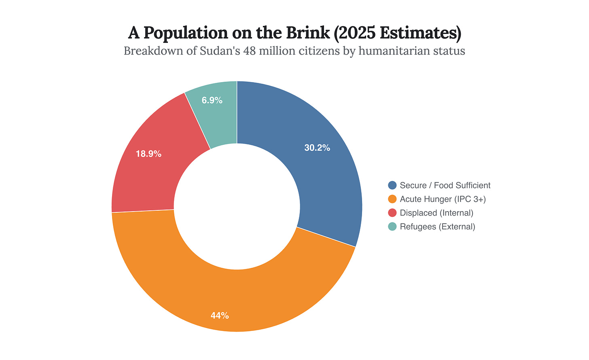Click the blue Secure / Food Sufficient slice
(x=324, y=170)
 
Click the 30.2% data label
(x=317, y=148)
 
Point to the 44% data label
(x=220, y=316)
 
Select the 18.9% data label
(x=148, y=154)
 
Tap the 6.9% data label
(x=212, y=100)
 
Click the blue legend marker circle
(x=392, y=185)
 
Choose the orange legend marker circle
(x=392, y=199)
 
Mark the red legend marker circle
(x=392, y=213)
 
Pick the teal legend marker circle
(x=392, y=227)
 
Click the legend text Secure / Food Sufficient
(x=445, y=185)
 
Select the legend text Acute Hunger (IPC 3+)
(x=443, y=199)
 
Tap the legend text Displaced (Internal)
(x=436, y=213)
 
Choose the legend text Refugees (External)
(x=437, y=227)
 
